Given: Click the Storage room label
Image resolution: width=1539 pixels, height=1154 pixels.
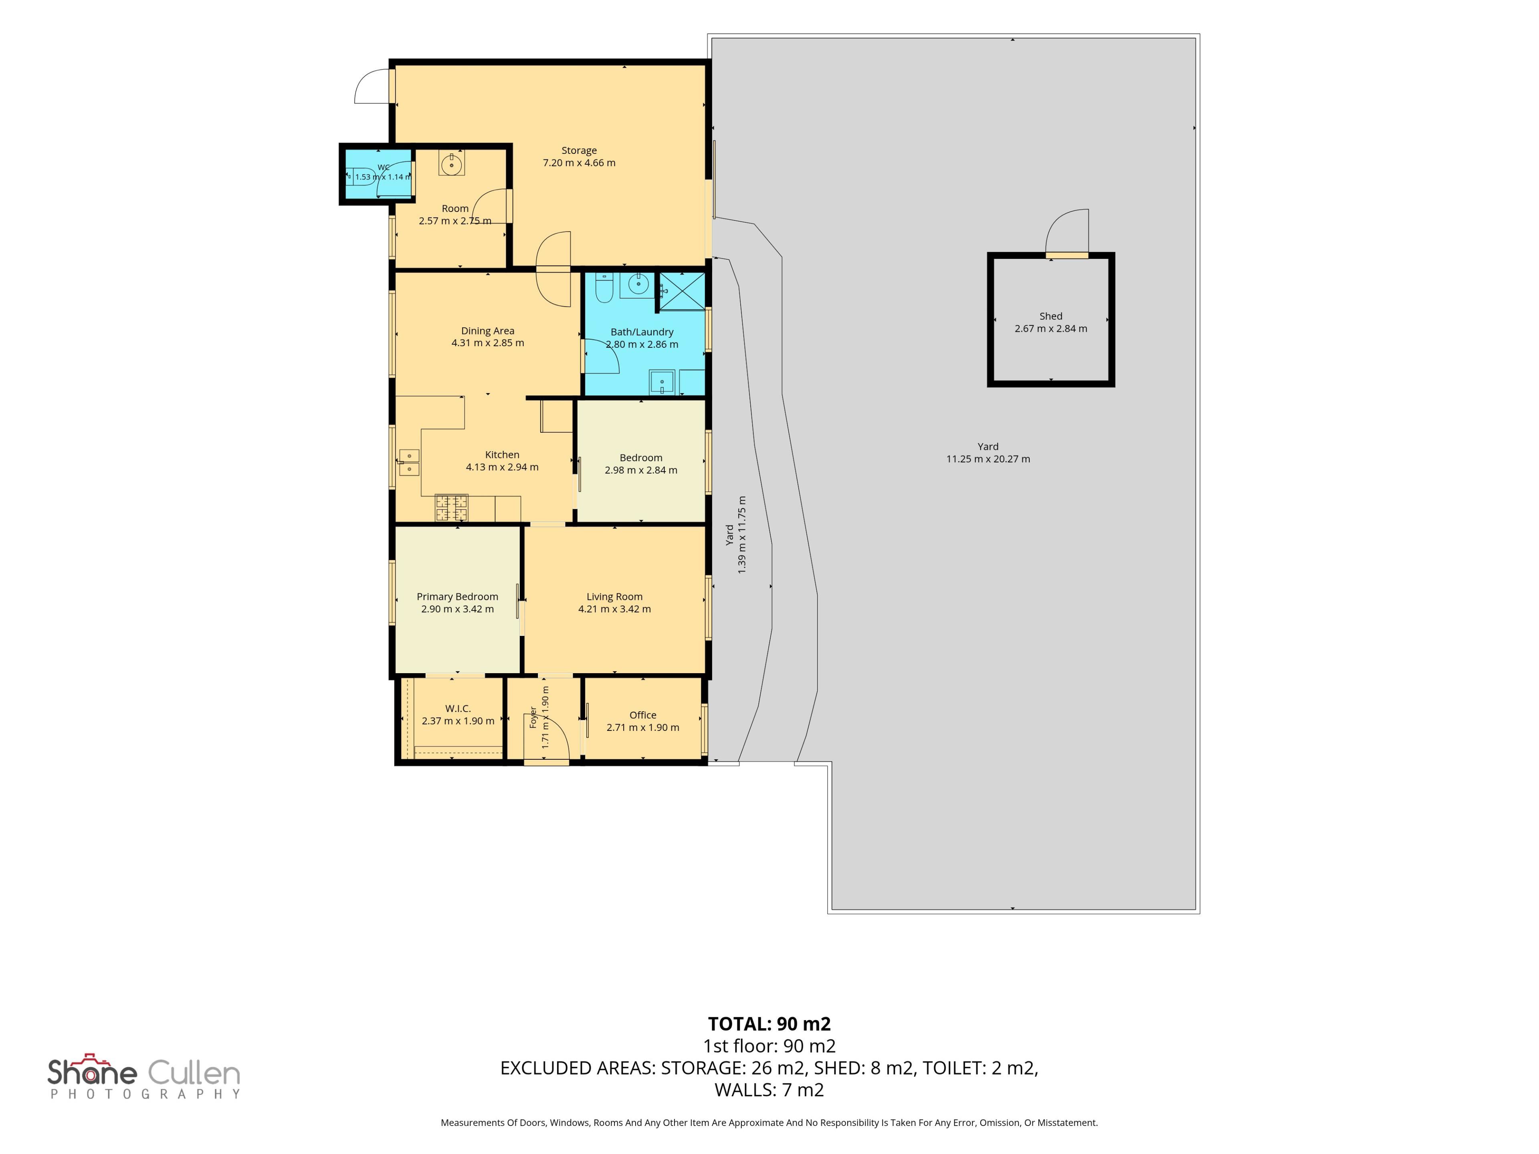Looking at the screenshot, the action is (x=579, y=150).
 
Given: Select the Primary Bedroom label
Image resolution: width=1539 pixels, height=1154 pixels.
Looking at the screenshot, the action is (x=457, y=597).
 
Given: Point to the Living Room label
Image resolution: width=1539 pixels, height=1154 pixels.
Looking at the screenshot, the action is (x=614, y=597).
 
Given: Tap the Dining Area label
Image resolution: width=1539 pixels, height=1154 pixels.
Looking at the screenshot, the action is (x=488, y=331).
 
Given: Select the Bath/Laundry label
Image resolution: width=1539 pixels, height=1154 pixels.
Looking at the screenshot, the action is (x=642, y=332).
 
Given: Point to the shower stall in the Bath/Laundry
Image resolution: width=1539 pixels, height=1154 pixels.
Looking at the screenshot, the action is (x=682, y=291).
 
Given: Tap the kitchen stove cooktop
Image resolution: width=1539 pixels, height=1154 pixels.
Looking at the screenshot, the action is (x=452, y=508).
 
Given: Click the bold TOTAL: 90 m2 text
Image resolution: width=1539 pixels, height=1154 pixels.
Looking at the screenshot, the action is (x=769, y=1024).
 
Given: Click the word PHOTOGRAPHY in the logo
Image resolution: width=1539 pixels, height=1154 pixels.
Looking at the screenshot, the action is (x=145, y=1094).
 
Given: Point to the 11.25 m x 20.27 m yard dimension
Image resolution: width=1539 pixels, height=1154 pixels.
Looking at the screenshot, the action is (x=988, y=459).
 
